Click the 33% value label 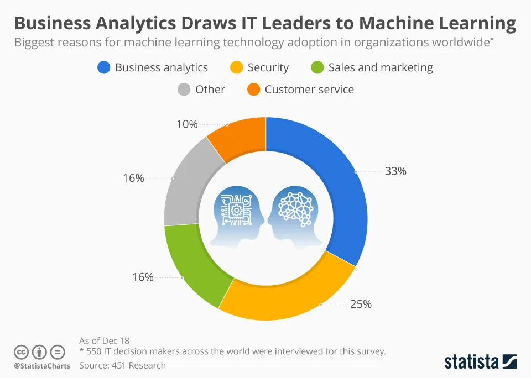[395, 171]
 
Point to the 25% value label [361, 304]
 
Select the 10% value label [187, 124]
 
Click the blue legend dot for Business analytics [103, 67]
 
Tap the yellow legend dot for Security [236, 67]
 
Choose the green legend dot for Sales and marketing [317, 67]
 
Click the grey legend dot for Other [184, 90]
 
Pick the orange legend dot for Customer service [253, 90]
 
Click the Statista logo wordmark [471, 362]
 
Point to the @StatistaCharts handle [42, 366]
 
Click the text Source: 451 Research [122, 365]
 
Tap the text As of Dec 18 [104, 341]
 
